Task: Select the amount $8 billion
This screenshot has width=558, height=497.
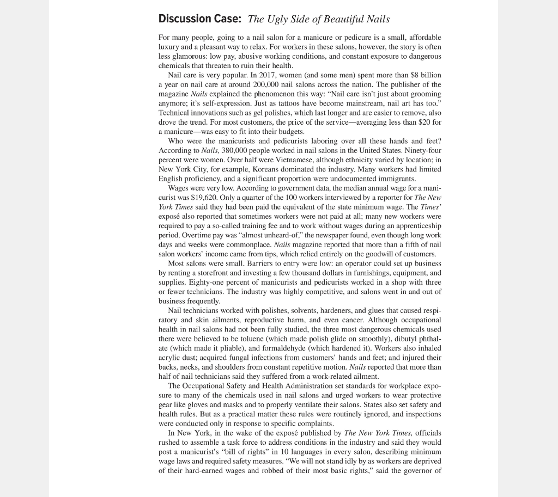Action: [x=423, y=75]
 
